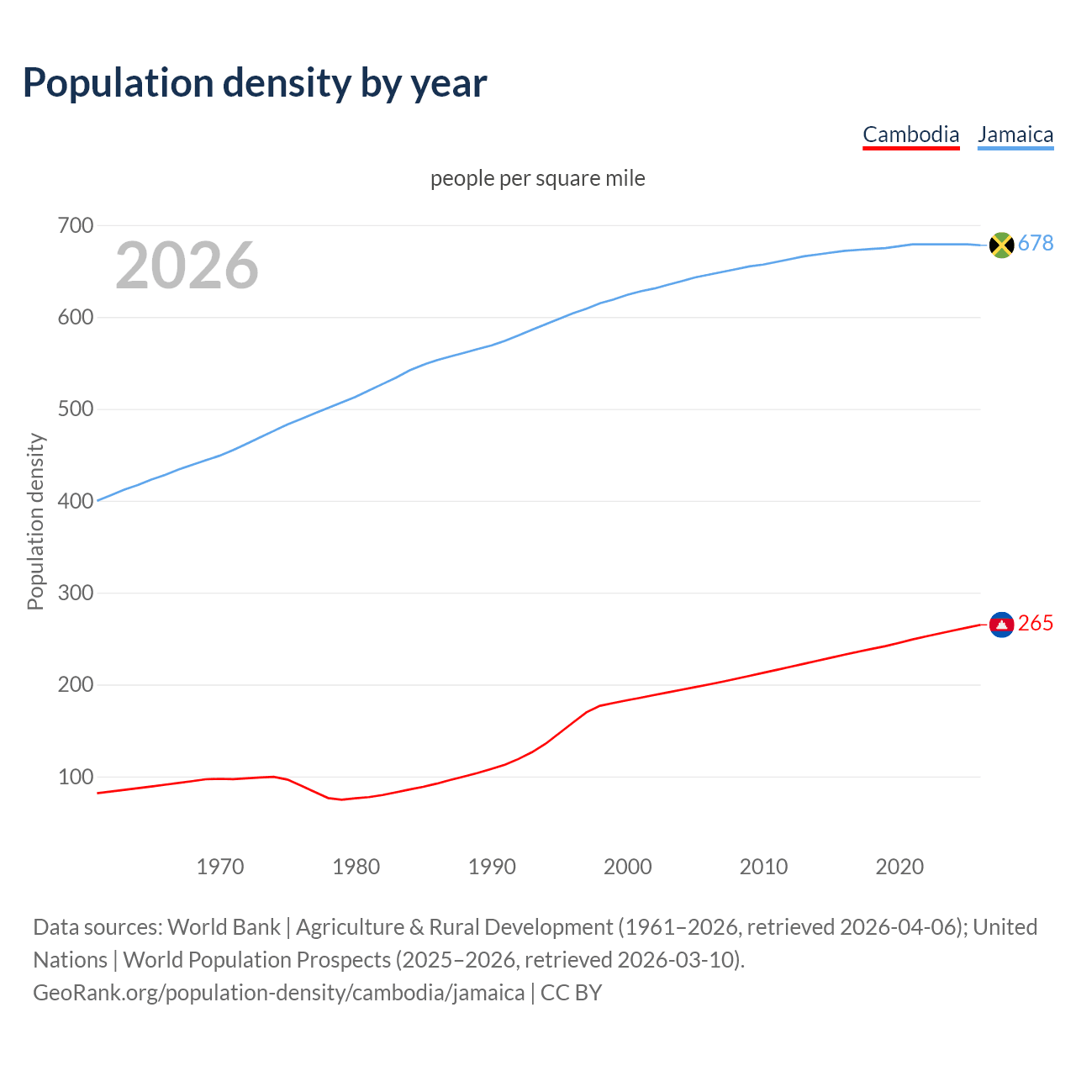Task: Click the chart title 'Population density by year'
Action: (255, 82)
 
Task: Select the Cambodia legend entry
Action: (910, 134)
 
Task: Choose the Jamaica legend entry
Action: (1015, 134)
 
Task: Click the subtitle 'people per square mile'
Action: (538, 178)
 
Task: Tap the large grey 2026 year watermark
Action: (187, 266)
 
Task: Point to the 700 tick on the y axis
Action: (75, 225)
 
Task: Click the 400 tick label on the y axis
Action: (75, 501)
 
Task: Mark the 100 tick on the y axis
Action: (75, 777)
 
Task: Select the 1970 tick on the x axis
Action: (220, 867)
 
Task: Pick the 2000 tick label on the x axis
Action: (628, 867)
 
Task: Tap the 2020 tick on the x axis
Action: (899, 867)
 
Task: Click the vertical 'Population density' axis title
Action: (35, 521)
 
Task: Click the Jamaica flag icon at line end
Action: (1001, 245)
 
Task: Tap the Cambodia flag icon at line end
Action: (1001, 624)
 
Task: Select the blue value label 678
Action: (1036, 243)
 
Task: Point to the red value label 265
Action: (1036, 623)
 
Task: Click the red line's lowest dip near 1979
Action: (342, 799)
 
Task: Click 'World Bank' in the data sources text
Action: (224, 926)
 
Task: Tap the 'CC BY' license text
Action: (572, 992)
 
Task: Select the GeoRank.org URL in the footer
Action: (279, 992)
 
